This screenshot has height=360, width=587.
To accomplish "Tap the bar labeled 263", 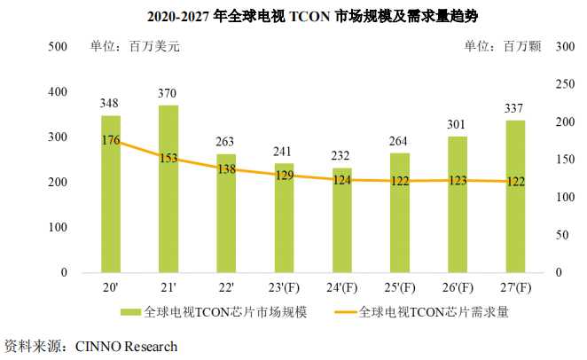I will click(x=226, y=213).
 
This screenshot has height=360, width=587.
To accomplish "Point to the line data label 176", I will click(x=111, y=140).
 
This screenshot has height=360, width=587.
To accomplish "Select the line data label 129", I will click(x=284, y=176).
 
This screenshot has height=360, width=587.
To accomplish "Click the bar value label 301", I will click(x=458, y=125).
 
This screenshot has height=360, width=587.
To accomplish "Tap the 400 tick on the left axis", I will click(x=57, y=91).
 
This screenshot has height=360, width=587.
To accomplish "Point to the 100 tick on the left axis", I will click(x=57, y=227).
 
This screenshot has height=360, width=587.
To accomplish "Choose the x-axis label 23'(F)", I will click(x=284, y=288).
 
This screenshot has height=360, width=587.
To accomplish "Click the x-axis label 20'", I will click(x=111, y=288).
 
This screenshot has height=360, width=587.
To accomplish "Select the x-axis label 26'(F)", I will click(x=458, y=288).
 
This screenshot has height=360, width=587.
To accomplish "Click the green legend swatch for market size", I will click(x=131, y=312).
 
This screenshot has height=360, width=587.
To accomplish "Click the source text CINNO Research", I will click(x=127, y=346).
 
